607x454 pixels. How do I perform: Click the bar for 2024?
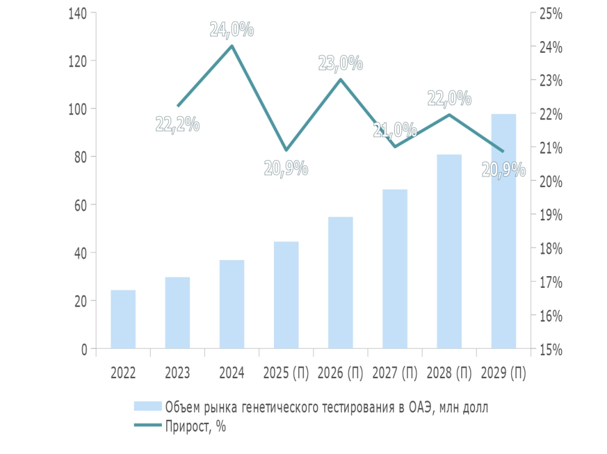232,304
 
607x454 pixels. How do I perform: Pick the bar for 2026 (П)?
341,282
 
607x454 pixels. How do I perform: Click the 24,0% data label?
232,29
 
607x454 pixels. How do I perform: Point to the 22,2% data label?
177,124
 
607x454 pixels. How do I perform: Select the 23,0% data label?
341,63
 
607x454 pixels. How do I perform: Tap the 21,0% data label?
395,130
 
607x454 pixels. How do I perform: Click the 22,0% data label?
449,98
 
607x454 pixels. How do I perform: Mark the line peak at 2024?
232,46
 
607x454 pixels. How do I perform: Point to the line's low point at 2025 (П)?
286,150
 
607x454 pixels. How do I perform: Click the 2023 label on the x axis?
177,374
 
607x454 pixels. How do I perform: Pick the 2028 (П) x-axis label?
449,374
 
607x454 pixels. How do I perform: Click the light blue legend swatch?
148,407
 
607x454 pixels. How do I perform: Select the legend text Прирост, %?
195,427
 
